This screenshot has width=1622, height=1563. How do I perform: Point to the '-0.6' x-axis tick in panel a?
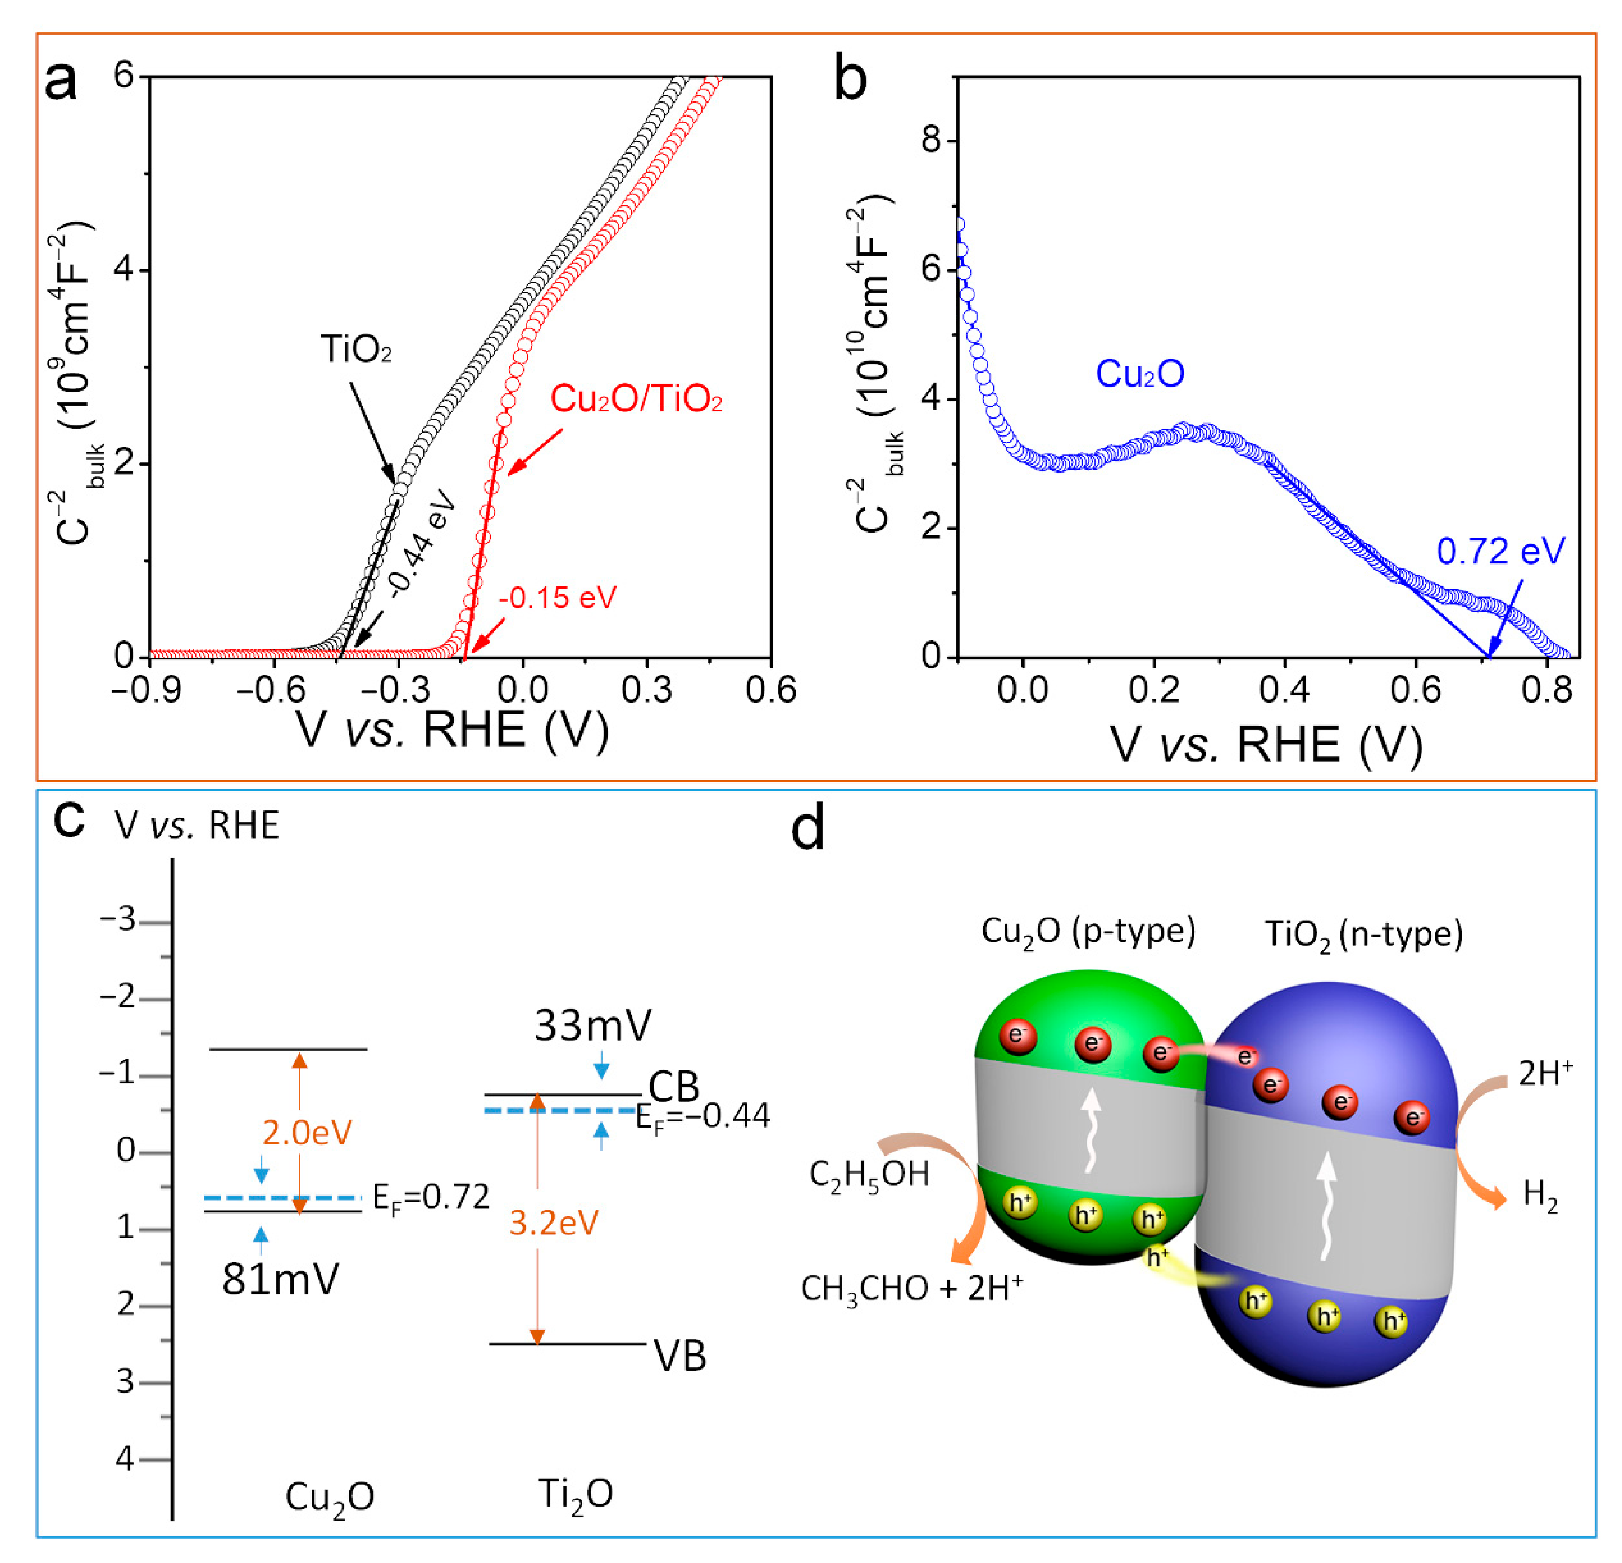[x=272, y=690]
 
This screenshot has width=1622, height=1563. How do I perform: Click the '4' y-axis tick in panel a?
[x=124, y=270]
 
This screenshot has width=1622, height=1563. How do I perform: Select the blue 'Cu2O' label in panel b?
[x=1139, y=374]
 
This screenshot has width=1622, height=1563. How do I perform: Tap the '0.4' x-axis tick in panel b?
[x=1284, y=690]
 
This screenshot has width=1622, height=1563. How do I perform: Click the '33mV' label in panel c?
[x=592, y=1026]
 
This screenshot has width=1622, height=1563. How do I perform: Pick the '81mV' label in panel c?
[x=280, y=1280]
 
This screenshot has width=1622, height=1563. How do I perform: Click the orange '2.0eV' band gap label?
[x=307, y=1133]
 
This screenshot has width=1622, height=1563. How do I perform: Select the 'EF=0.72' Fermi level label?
[x=430, y=1197]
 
